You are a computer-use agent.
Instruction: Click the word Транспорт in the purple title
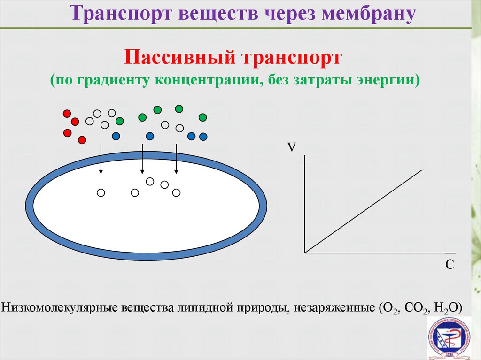pyautogui.click(x=121, y=14)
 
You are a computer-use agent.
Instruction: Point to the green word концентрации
pyautogui.click(x=209, y=80)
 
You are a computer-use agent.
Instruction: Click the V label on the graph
pyautogui.click(x=292, y=147)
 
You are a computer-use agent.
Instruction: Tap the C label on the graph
pyautogui.click(x=450, y=264)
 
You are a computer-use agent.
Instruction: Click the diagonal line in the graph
pyautogui.click(x=363, y=211)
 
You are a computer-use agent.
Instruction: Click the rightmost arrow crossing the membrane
pyautogui.click(x=176, y=159)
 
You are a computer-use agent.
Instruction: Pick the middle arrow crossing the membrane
pyautogui.click(x=142, y=159)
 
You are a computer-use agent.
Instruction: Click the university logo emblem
pyautogui.click(x=450, y=338)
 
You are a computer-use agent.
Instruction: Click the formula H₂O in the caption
pyautogui.click(x=444, y=307)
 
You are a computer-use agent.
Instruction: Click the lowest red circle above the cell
pyautogui.click(x=82, y=140)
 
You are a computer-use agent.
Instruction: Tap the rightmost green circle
pyautogui.click(x=203, y=117)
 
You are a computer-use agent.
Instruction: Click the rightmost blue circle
pyautogui.click(x=203, y=137)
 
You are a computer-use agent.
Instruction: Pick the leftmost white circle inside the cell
pyautogui.click(x=101, y=192)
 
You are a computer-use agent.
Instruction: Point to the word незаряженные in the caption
pyautogui.click(x=334, y=307)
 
